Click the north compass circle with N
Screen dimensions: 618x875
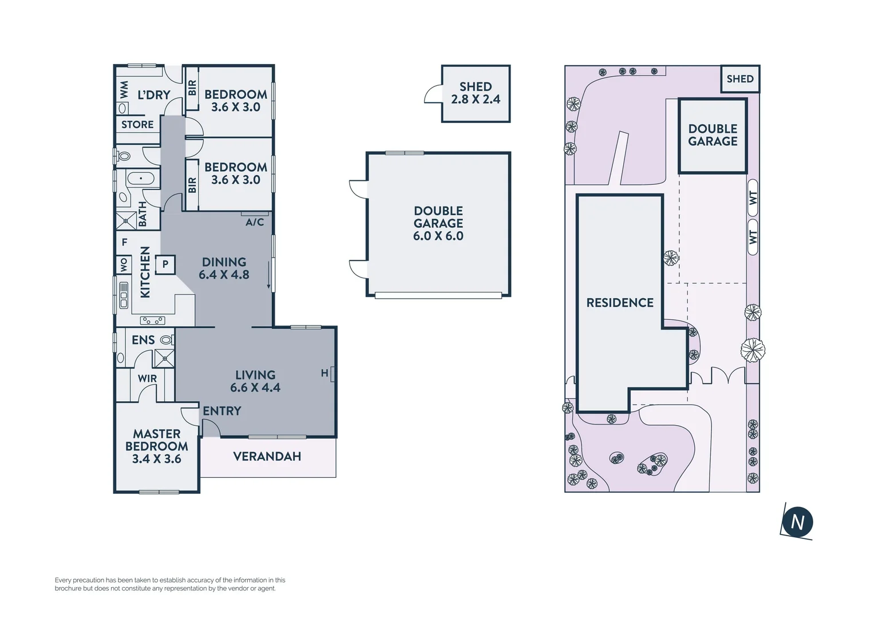pos(797,521)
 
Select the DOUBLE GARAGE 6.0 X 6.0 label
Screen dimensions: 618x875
pos(438,224)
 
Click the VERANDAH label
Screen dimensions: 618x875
pos(267,457)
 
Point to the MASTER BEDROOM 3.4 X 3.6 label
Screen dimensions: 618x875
pos(157,446)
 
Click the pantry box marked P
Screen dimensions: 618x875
pos(165,264)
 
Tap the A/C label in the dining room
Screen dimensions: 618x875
pos(255,222)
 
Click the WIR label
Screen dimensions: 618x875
pos(147,379)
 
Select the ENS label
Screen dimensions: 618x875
pos(143,340)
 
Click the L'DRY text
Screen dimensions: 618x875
pos(153,95)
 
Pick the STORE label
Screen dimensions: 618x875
pos(137,125)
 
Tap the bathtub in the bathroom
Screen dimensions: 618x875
pos(141,179)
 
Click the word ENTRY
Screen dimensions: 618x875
pos(222,411)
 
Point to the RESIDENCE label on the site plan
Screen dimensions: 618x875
pos(620,303)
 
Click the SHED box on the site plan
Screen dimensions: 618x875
pos(740,79)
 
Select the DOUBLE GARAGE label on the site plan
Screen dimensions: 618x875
pos(712,136)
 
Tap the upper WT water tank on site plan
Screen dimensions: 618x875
pos(753,198)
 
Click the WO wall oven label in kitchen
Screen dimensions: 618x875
pos(124,264)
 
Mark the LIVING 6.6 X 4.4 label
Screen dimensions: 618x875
pos(255,382)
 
